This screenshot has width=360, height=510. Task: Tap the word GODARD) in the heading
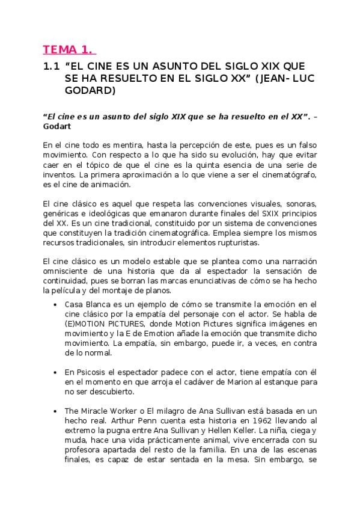coord(90,91)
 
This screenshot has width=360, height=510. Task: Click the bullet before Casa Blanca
coord(55,304)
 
